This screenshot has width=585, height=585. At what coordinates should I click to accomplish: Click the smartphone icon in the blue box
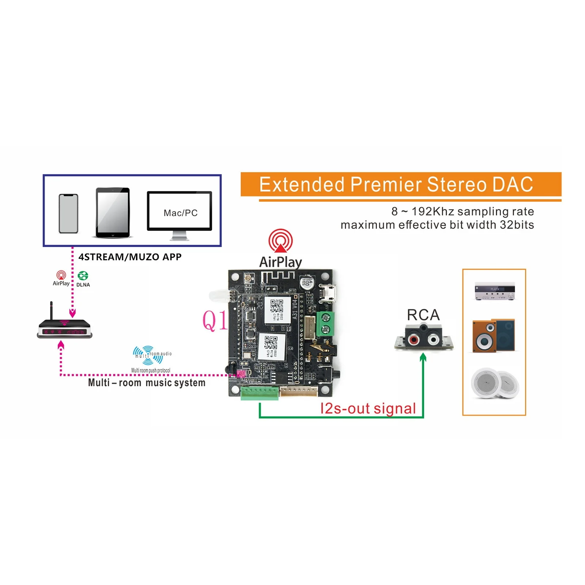click(x=68, y=214)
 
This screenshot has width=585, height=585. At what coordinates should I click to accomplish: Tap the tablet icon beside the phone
click(x=113, y=213)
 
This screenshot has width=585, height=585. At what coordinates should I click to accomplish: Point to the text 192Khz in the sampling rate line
click(x=433, y=211)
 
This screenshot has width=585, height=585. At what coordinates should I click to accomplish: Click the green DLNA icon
click(x=83, y=276)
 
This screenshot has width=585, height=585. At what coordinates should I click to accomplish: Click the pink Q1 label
click(x=215, y=321)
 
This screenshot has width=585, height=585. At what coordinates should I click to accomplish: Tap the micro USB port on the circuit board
click(x=328, y=293)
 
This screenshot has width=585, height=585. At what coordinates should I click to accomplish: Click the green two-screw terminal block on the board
click(x=325, y=324)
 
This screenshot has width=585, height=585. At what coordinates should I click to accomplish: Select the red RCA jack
click(x=413, y=340)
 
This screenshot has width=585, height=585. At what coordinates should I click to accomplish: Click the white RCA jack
click(x=433, y=340)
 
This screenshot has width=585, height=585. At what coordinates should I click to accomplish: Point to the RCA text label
click(x=423, y=315)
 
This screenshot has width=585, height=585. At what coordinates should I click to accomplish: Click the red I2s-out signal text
click(x=368, y=408)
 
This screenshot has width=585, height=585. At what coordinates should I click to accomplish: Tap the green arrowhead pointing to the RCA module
click(x=423, y=357)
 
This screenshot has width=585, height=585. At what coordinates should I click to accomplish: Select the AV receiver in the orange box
click(x=494, y=291)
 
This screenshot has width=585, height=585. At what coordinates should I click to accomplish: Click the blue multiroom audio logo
click(x=148, y=355)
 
